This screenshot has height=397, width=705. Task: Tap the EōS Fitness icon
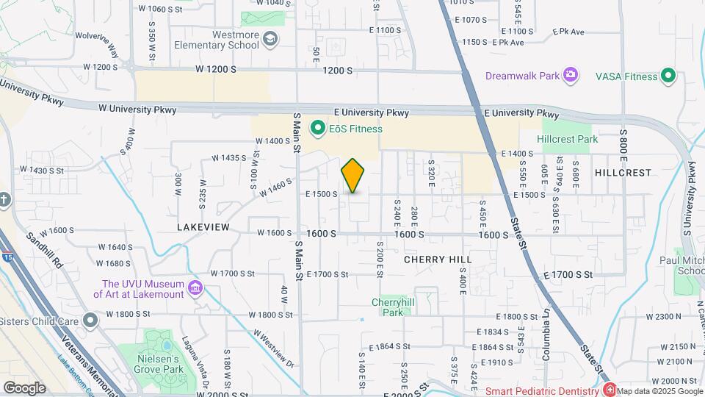(x=318, y=129)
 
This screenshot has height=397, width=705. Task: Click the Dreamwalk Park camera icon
(x=570, y=75)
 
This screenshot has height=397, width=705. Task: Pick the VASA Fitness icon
(x=668, y=75)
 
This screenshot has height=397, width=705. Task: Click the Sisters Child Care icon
(x=90, y=321)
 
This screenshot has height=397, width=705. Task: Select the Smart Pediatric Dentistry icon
(x=609, y=390)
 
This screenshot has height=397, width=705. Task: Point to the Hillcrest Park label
(x=567, y=139)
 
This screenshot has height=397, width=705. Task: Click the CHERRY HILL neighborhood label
(x=438, y=260)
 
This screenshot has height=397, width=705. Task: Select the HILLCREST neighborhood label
(x=623, y=173)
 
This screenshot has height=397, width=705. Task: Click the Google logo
(x=25, y=387)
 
